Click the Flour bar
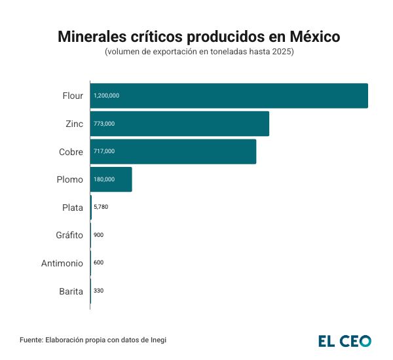(x=229, y=96)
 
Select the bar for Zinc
(x=180, y=124)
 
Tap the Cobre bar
(x=174, y=151)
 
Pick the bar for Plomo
(x=111, y=179)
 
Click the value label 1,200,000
(x=107, y=96)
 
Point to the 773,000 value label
(x=104, y=124)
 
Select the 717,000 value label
(x=104, y=151)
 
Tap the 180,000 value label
(x=104, y=179)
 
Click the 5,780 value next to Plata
(x=101, y=207)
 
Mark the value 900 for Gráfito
(x=99, y=235)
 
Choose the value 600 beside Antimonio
(x=99, y=262)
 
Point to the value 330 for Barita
(x=99, y=290)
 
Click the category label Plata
(x=72, y=207)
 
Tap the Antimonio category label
(x=62, y=263)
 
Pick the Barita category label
(x=71, y=291)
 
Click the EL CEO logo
(x=345, y=341)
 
